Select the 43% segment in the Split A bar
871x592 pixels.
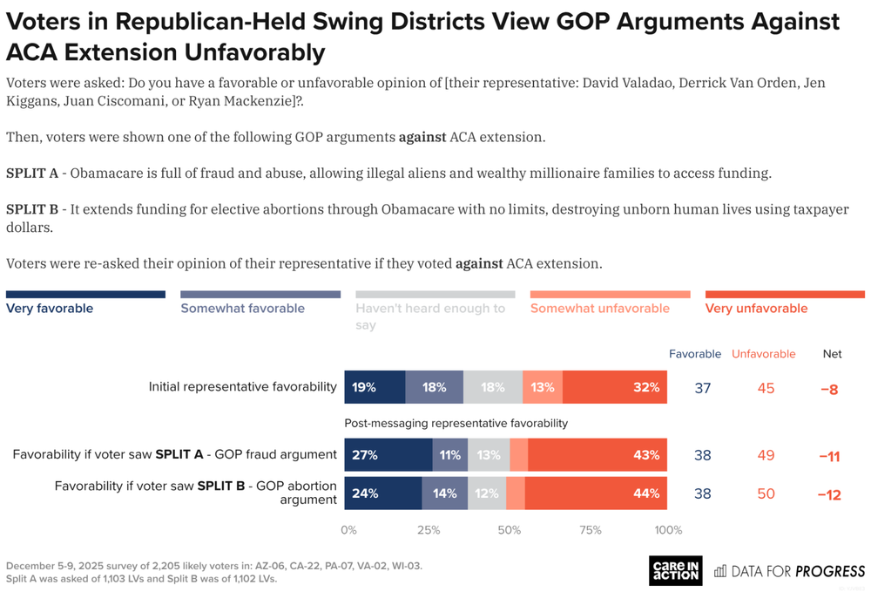click(597, 454)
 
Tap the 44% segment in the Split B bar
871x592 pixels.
click(596, 493)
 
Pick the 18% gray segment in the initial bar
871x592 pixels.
click(493, 387)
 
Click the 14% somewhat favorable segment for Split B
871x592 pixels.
click(444, 493)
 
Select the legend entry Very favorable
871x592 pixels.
click(50, 308)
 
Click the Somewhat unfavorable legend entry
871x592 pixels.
click(599, 308)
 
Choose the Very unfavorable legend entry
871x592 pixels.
click(756, 308)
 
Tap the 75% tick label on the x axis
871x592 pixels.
click(590, 530)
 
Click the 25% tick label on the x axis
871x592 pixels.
click(429, 530)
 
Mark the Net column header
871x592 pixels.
click(832, 354)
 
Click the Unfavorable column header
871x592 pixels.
click(763, 354)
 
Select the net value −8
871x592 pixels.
click(828, 389)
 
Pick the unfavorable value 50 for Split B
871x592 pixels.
click(766, 493)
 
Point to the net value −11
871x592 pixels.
click(828, 455)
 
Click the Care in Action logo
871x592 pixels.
click(676, 570)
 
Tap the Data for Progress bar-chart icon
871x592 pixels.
click(720, 571)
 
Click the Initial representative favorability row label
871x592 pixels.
click(242, 386)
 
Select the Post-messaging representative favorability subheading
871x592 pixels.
click(456, 423)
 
